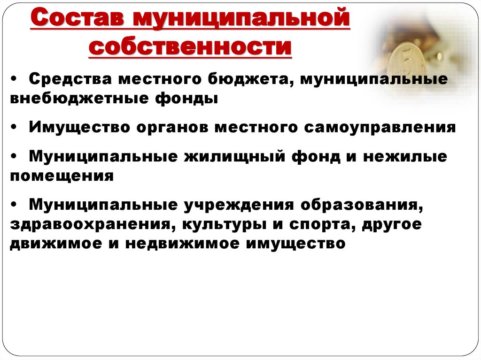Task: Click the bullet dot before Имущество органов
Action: [18, 128]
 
